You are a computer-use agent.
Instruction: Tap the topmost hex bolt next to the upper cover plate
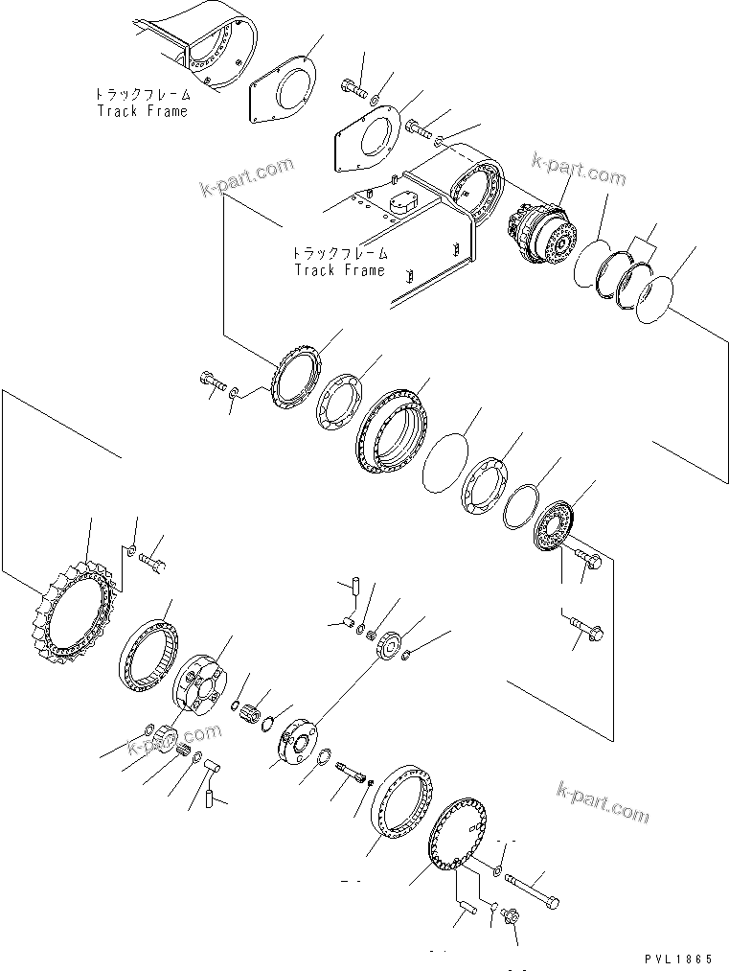coord(353,89)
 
